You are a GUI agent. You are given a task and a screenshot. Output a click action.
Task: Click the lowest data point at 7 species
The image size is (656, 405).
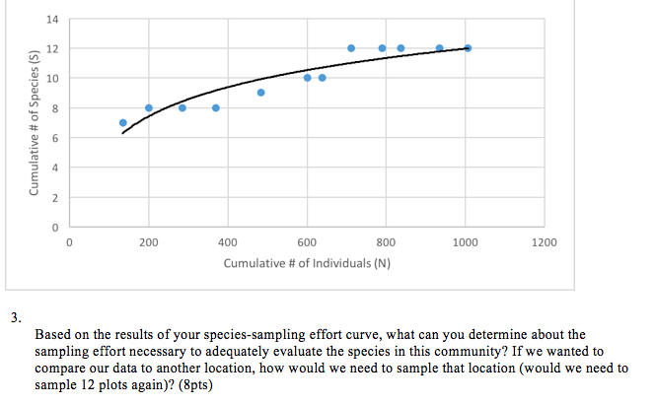click(x=123, y=123)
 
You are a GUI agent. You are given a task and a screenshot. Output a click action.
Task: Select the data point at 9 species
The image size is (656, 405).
click(x=261, y=93)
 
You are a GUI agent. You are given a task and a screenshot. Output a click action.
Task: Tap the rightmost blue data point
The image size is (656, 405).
click(x=468, y=48)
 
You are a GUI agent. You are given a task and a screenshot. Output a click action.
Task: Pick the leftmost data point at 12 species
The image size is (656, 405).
click(x=351, y=48)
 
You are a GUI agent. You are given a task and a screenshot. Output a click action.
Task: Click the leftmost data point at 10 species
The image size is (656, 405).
click(x=308, y=78)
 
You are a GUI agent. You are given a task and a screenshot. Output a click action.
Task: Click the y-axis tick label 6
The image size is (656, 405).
click(x=54, y=138)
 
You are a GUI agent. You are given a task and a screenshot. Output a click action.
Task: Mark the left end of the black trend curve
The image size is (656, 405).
click(x=122, y=134)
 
